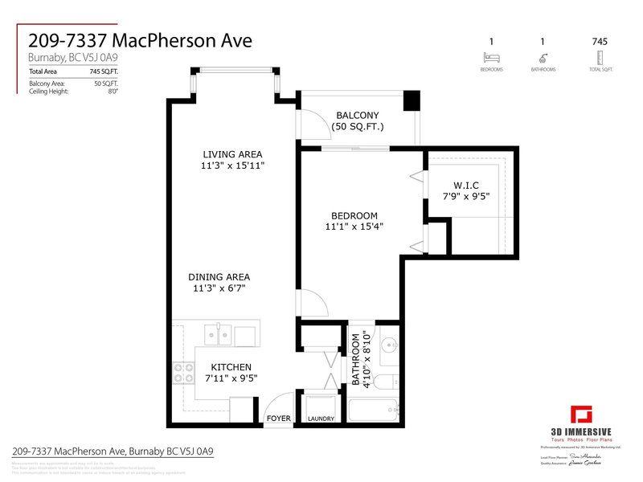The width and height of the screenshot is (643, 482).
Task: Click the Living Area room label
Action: point(232,154)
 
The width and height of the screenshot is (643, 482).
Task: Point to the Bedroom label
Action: point(354,215)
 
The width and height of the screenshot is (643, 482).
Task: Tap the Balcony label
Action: point(358,116)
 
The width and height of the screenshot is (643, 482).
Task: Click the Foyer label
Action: point(278,419)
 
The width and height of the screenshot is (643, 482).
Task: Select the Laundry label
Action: point(321,419)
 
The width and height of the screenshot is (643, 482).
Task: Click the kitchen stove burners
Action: point(183,373)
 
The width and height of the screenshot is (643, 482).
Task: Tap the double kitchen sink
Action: point(219,332)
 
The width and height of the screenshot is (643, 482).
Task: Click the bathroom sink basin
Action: point(389,346)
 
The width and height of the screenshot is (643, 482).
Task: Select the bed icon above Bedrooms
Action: point(490,57)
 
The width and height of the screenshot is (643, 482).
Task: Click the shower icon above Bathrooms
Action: point(544,57)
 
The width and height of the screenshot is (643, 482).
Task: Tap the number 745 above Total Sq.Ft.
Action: point(599,41)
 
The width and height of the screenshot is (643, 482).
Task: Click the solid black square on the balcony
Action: point(412,101)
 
